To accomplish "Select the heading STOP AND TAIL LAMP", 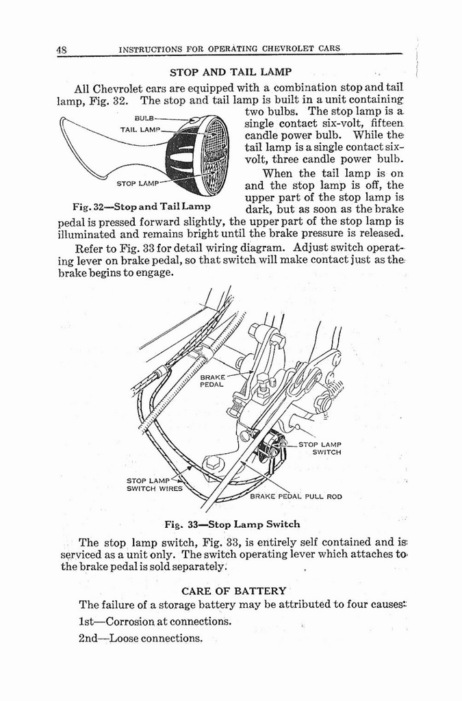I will coord(231,71).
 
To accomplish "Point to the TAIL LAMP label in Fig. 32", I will coord(140,129).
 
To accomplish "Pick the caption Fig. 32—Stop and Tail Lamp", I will coord(141,206).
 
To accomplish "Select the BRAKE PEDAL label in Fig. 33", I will coord(212,381).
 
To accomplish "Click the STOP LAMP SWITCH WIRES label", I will coord(154,485).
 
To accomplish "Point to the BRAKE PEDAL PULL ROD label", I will coord(295,496).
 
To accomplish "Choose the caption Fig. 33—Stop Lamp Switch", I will coord(232,524).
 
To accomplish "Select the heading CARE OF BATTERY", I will coord(233,591).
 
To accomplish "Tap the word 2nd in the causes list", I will coord(90,639).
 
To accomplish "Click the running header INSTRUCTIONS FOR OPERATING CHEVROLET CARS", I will coord(230,49).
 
